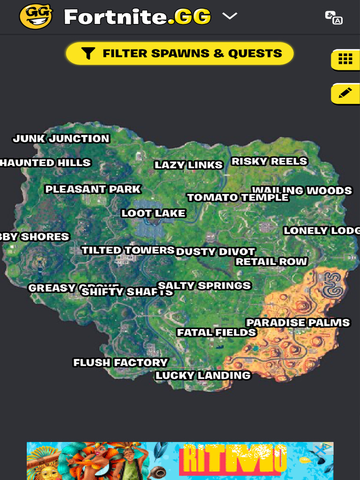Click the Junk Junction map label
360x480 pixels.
click(x=61, y=139)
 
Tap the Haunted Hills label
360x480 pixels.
click(x=45, y=163)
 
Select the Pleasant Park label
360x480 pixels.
click(x=93, y=189)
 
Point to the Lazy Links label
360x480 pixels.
click(x=188, y=165)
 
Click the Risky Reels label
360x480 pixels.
click(x=270, y=162)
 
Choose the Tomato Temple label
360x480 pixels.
click(x=238, y=198)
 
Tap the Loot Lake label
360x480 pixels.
click(x=154, y=214)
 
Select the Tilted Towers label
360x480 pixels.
click(x=128, y=250)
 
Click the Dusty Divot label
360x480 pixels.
click(x=216, y=252)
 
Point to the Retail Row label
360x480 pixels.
click(x=271, y=262)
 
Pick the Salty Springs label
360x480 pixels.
click(x=204, y=285)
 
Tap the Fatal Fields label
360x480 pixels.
click(x=217, y=333)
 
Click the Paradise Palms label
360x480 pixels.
click(x=298, y=323)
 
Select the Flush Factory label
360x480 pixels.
click(x=120, y=363)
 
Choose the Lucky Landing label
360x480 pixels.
click(x=203, y=375)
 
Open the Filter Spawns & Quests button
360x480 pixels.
click(x=180, y=53)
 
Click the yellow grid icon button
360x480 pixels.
click(x=345, y=59)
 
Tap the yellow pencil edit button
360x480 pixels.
click(x=345, y=93)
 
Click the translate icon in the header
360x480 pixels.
click(x=334, y=17)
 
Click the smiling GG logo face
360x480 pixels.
click(x=36, y=17)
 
